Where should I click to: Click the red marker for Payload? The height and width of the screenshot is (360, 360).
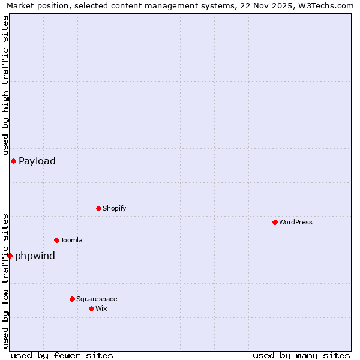coord(13,161)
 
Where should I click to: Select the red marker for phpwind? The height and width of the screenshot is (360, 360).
coord(10,256)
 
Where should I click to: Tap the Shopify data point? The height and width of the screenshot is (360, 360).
coord(98,208)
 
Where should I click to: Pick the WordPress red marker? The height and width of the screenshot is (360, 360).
coord(275,222)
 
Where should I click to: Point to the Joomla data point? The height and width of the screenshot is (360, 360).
coord(56,240)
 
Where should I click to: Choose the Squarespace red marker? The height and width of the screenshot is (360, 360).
coord(72,299)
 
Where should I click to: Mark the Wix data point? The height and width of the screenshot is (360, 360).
coord(91,308)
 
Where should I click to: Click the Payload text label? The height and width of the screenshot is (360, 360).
coord(37,161)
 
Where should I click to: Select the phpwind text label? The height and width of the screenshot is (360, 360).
coord(35,256)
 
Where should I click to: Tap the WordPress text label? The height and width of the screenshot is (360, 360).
coord(296,222)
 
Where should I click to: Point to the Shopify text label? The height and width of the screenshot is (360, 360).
coord(114,208)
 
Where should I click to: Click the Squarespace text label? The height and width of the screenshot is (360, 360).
coord(97,299)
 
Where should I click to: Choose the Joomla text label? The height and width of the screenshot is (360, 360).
coord(71,240)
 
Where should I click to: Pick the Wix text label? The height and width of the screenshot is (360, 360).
coord(101,308)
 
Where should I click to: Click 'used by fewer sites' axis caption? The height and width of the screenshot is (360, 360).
coord(62,355)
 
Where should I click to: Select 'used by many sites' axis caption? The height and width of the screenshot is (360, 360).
coord(301,355)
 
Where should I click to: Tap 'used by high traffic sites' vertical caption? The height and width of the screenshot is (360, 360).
coord(5,86)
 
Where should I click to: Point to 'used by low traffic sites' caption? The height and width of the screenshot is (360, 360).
coord(5,280)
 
